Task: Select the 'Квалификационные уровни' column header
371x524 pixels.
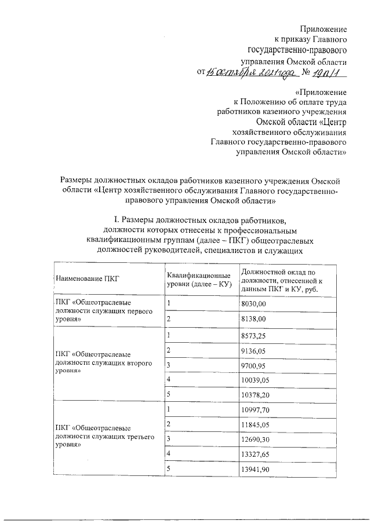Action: tap(199, 279)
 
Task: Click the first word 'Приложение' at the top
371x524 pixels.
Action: tap(323, 29)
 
